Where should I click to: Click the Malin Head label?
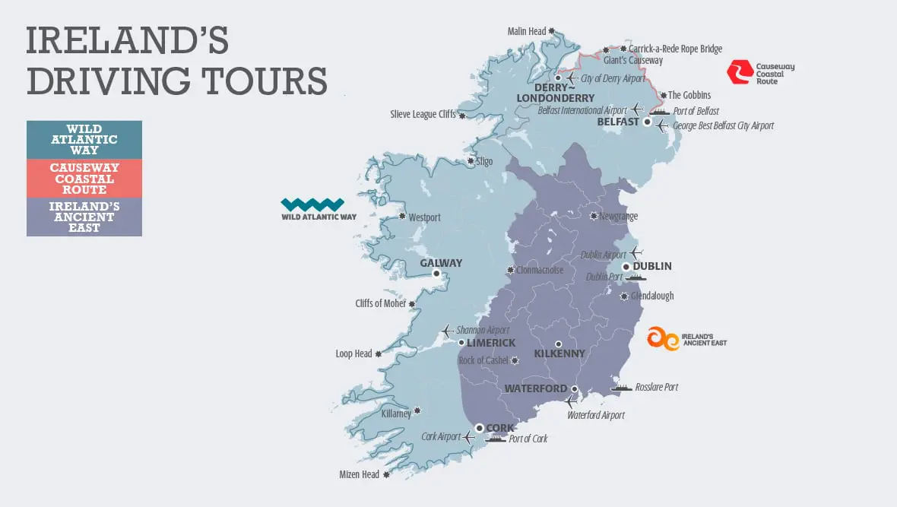tap(527, 31)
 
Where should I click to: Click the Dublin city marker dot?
tap(626, 267)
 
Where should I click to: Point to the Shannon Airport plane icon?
tap(446, 331)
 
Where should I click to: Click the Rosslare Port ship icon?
tap(621, 388)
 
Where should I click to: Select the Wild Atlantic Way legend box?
tap(84, 140)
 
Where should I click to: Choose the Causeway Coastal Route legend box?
tap(84, 179)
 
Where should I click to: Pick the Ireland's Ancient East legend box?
tap(84, 217)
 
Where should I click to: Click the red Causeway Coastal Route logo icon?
tap(738, 72)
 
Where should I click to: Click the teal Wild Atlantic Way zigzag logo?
tap(312, 204)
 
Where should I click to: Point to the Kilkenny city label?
tap(559, 353)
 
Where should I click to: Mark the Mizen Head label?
tap(359, 474)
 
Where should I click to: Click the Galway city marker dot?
tap(436, 274)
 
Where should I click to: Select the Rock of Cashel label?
tap(483, 360)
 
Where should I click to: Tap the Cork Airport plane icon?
tap(468, 437)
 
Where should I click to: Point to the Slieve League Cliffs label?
tap(423, 115)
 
